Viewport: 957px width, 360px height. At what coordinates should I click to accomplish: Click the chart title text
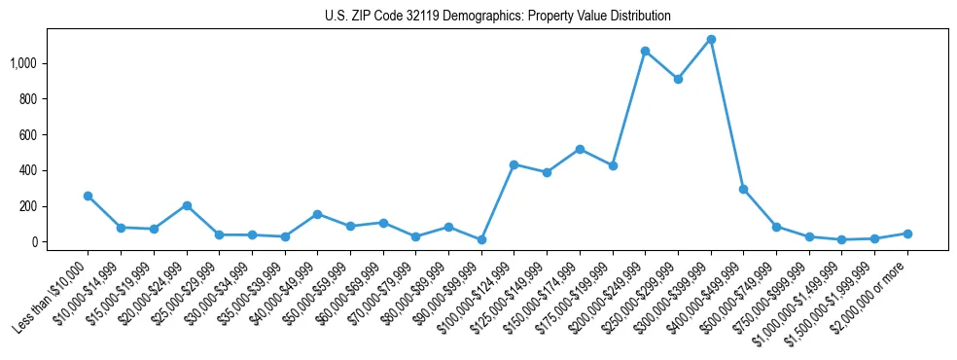tap(498, 17)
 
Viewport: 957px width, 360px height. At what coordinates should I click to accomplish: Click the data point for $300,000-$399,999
tap(711, 40)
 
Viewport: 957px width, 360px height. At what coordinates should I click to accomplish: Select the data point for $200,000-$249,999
tap(645, 51)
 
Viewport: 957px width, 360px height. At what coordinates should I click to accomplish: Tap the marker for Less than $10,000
tap(88, 196)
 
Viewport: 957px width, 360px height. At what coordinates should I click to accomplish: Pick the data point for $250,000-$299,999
tap(678, 79)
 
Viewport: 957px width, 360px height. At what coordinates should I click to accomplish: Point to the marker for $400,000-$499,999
tap(743, 189)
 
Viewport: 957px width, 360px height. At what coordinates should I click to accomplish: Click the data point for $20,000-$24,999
tap(186, 205)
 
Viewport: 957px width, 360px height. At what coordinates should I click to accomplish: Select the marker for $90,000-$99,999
tap(480, 239)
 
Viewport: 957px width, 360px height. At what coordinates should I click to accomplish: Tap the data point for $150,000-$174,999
tap(580, 149)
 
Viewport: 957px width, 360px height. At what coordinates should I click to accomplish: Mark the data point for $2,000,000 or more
tap(907, 234)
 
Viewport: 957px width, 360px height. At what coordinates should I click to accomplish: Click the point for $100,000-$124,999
tap(514, 164)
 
